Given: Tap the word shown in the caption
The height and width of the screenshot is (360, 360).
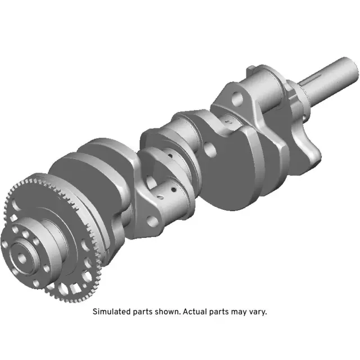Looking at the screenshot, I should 165,312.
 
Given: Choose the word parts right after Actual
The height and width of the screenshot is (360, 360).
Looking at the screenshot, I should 218,312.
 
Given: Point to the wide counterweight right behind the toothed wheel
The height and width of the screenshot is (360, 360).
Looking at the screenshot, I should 93,180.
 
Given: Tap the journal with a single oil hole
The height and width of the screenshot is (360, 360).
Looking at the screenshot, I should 228,121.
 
